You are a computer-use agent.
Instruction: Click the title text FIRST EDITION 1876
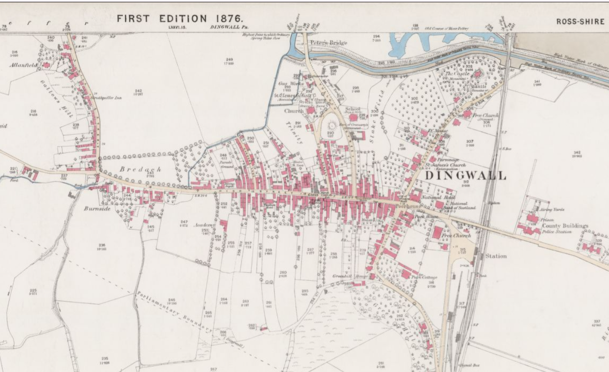pos(180,19)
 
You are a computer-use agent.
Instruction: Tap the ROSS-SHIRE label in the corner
pos(580,21)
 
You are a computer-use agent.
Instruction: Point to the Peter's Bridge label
pos(329,43)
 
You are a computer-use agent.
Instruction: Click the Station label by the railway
pos(496,256)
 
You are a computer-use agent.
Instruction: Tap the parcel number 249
pos(229,60)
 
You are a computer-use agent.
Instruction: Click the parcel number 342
pos(577,152)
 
